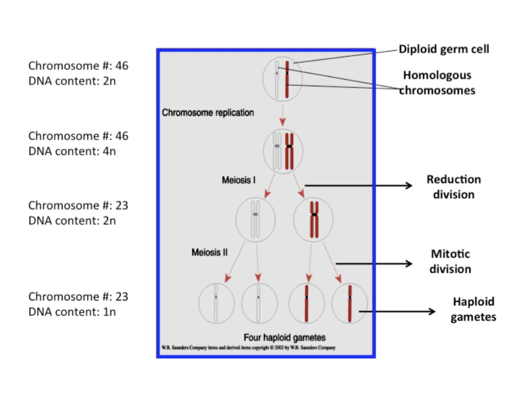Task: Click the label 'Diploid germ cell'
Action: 444,49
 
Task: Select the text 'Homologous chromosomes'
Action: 437,82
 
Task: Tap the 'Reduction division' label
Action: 453,187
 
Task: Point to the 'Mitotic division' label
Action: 450,261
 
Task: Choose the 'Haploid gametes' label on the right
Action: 473,309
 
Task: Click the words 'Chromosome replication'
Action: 208,113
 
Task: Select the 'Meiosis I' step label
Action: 239,180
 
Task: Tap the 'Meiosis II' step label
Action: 209,252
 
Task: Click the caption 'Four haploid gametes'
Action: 284,338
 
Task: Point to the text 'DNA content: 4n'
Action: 72,151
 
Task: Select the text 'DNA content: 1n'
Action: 72,312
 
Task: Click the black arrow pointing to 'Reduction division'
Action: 358,185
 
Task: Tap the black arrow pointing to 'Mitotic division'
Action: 374,264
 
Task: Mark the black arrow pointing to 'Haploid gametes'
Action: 396,311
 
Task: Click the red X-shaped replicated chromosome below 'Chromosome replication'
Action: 289,151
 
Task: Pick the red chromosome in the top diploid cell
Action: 287,79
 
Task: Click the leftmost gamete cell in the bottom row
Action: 216,303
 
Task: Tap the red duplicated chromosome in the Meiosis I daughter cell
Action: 314,220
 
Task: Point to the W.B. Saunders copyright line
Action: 248,348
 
